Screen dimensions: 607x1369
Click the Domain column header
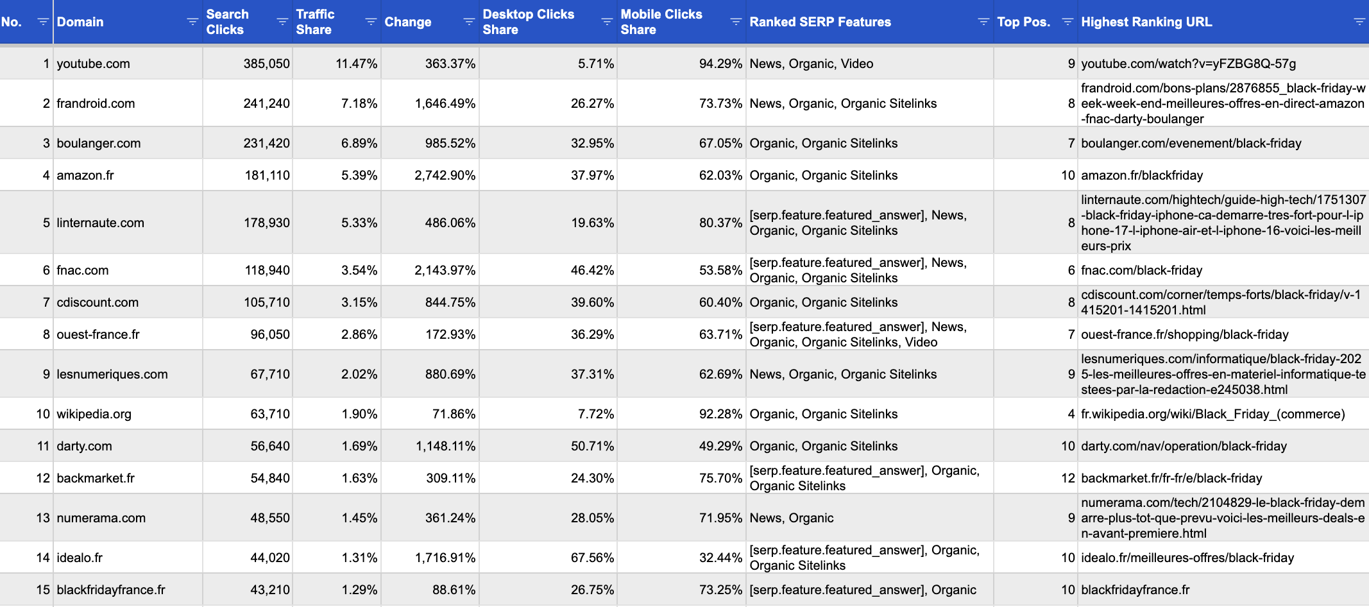pos(80,22)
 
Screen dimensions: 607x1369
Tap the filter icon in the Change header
pos(469,22)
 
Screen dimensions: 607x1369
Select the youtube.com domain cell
pos(94,64)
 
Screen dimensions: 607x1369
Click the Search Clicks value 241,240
pos(266,103)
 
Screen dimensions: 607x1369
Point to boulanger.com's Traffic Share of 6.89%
pos(359,143)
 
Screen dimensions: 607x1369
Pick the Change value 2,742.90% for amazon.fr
pos(445,175)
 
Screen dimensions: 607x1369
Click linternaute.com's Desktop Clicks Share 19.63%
pos(592,223)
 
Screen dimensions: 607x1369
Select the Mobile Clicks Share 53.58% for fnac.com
pos(720,270)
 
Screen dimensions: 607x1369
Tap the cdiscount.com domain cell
pos(98,302)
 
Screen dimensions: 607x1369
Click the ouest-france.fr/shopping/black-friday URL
pos(1184,334)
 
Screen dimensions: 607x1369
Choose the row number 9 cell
pos(46,374)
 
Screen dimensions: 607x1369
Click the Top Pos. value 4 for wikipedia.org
pos(1071,414)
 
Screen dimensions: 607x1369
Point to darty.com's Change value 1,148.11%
pos(445,446)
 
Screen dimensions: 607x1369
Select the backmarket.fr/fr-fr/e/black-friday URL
pos(1171,478)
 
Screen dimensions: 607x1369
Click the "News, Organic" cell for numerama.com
pos(792,518)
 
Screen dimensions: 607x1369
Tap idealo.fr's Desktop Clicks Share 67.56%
pos(592,558)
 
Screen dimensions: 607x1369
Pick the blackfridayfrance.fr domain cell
pos(111,590)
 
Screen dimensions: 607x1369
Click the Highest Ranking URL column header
pos(1146,22)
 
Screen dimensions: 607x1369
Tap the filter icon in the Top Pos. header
pos(1067,22)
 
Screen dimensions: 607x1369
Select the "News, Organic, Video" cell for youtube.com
pos(812,64)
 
